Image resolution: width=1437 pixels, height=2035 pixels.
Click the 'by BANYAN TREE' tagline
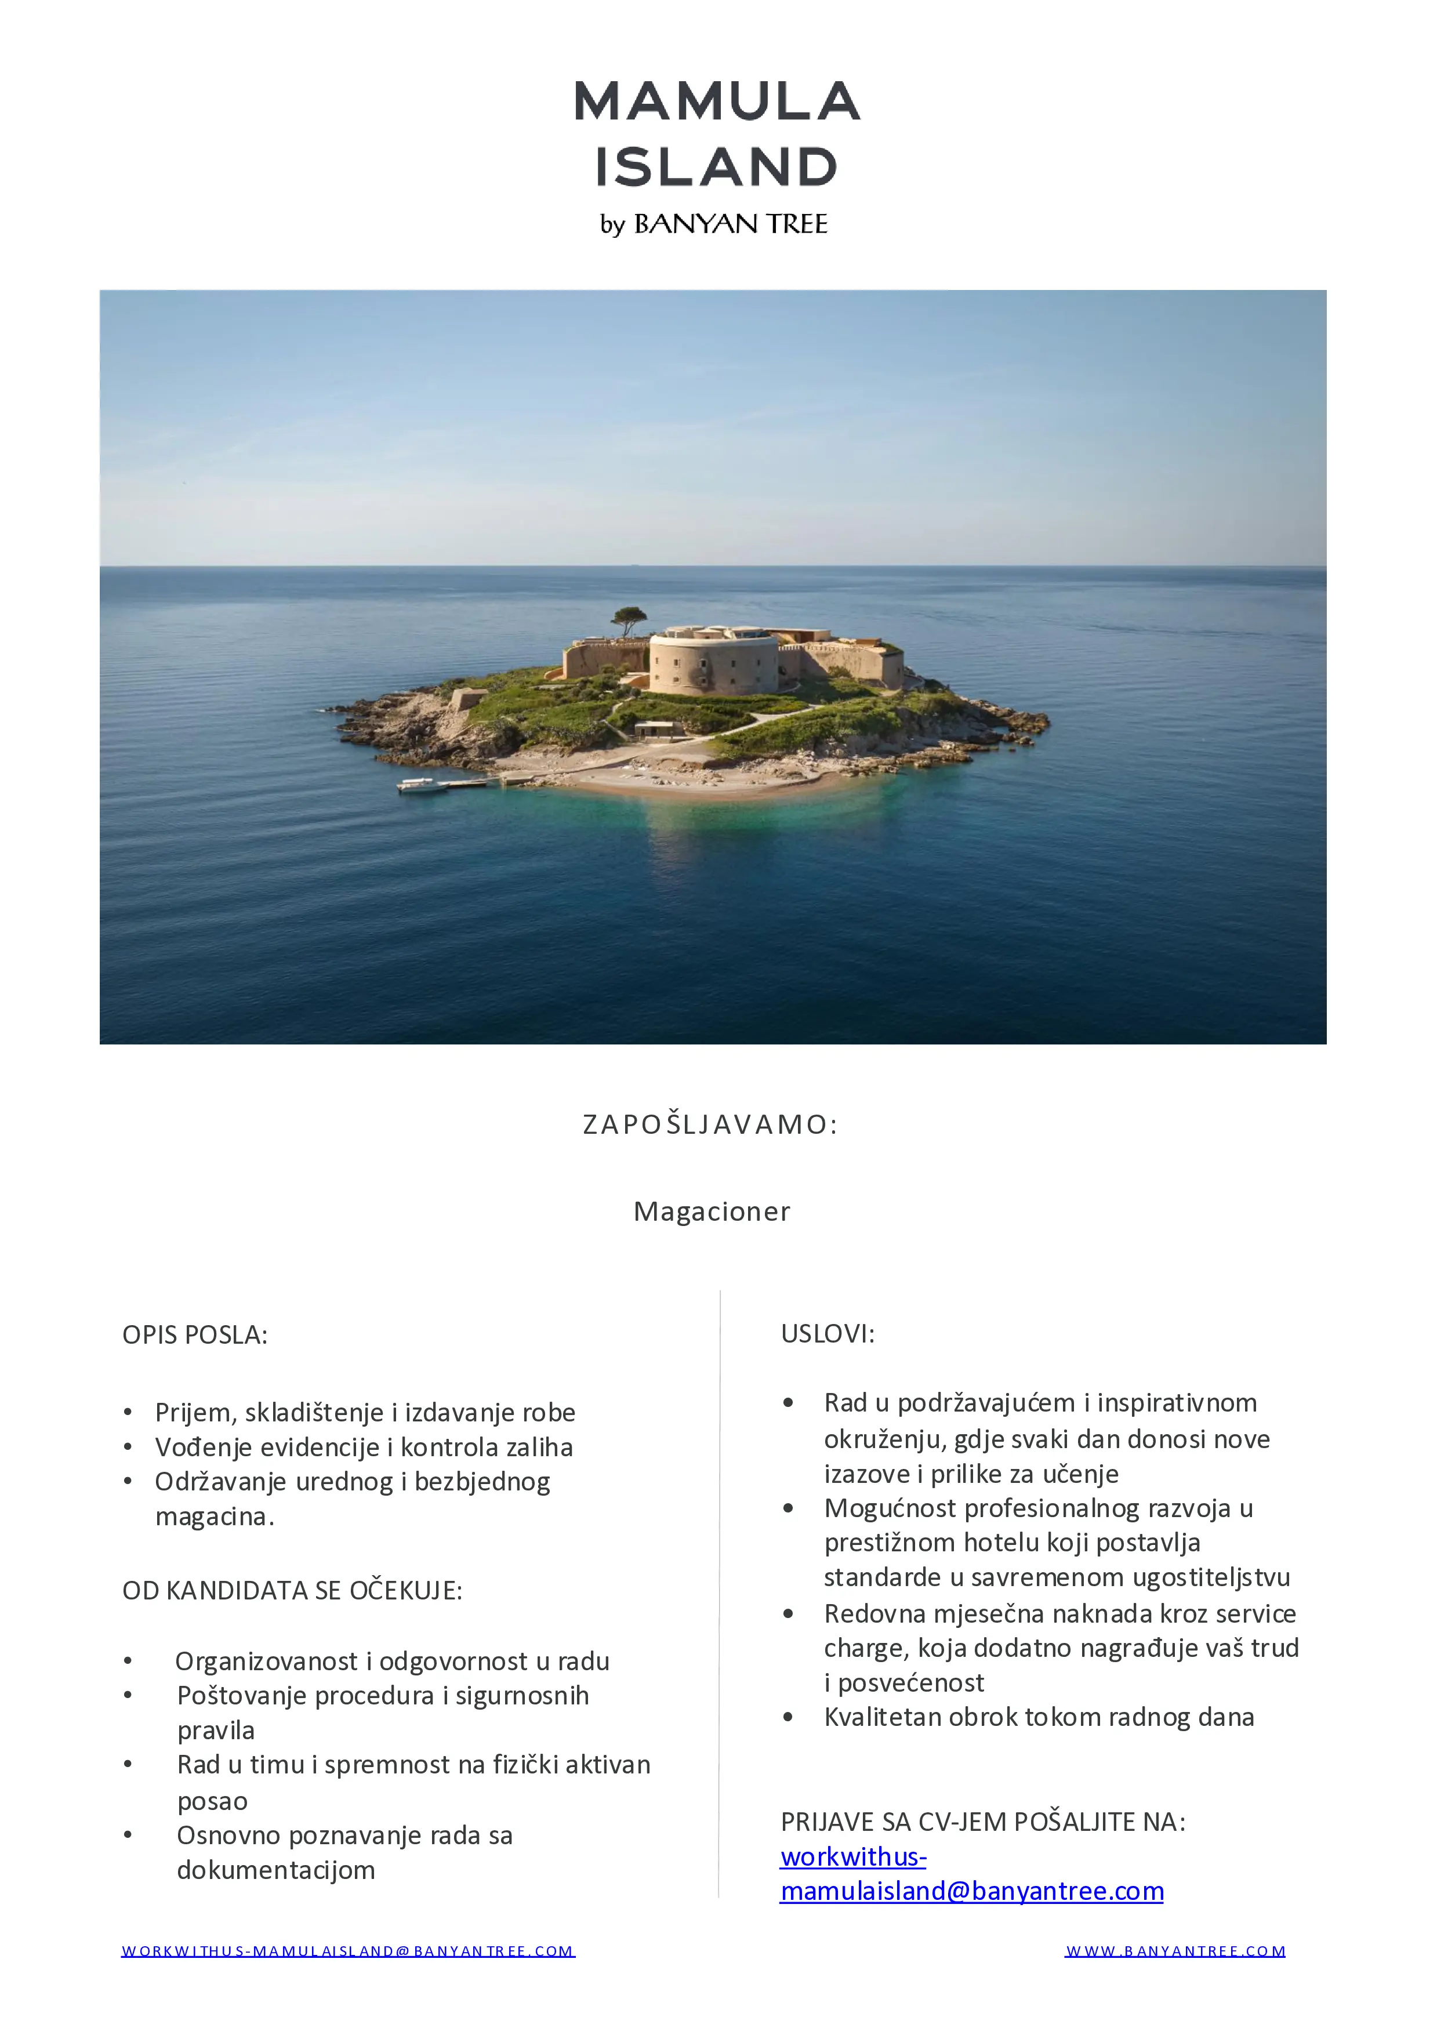(x=714, y=224)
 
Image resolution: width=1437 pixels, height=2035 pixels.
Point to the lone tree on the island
(x=629, y=618)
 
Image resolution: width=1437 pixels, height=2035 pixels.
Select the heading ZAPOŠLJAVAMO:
(x=710, y=1124)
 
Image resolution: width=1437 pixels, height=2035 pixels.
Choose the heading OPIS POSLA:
(x=195, y=1336)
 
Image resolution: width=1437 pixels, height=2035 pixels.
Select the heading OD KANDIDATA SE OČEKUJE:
(x=292, y=1591)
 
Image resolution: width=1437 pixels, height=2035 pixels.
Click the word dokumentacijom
(x=275, y=1870)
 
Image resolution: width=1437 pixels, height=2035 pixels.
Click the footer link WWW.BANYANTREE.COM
(x=1175, y=1951)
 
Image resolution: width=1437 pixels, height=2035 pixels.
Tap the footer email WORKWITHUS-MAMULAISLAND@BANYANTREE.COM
(x=349, y=1951)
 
